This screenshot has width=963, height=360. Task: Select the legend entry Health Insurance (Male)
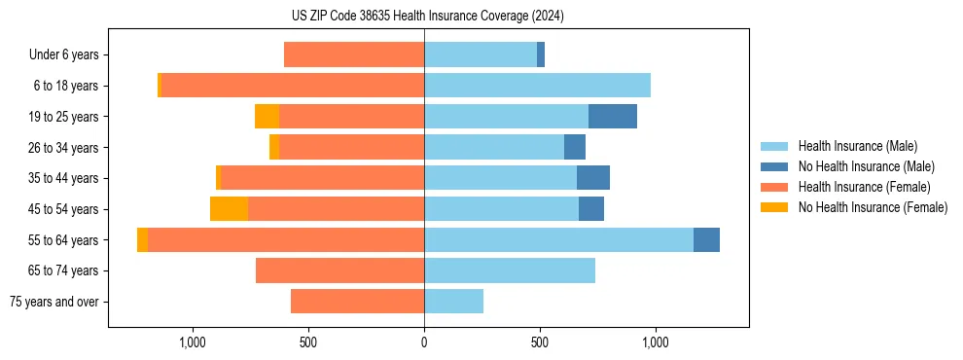857,146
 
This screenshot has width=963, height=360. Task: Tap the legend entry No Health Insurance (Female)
873,207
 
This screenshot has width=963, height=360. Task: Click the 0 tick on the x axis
424,342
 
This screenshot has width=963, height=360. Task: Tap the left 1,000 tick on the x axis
193,342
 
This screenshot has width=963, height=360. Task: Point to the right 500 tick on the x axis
540,342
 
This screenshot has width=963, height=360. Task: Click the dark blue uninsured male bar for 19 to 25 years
613,117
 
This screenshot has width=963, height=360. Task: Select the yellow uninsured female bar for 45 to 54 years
229,209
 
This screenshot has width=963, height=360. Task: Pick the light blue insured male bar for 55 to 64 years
558,240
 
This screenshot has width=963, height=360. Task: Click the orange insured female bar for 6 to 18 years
292,86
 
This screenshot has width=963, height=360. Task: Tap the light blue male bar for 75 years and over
453,302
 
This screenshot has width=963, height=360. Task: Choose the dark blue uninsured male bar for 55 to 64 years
706,240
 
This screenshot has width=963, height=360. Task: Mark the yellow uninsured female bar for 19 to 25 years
267,117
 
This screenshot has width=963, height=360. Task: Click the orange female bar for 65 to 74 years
339,270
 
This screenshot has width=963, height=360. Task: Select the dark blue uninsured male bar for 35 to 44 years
593,178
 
